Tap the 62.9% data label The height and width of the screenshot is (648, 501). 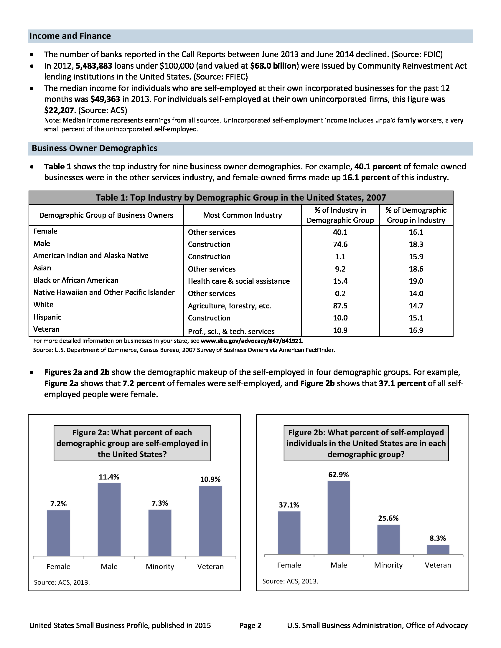point(338,475)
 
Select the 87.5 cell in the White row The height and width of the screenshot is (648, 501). point(340,306)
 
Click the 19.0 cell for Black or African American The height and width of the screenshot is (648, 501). point(416,281)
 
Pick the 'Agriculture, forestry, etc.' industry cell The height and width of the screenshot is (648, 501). point(229,306)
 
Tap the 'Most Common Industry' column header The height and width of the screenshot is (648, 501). point(243,215)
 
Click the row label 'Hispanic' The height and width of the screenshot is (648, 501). point(47,317)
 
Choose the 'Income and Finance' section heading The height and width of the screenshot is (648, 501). point(70,36)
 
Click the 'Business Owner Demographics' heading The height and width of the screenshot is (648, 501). point(94,148)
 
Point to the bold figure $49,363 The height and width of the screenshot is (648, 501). point(106,99)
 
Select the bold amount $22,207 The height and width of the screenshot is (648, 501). point(59,110)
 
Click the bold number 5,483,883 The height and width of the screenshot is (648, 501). point(94,66)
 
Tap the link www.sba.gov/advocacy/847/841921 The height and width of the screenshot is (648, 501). point(252,341)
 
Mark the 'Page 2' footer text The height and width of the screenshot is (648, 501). point(250,625)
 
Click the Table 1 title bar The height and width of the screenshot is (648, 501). point(241,198)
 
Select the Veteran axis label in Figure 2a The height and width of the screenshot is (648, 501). point(210,566)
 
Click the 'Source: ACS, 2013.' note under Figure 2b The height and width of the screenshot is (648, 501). point(290,581)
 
